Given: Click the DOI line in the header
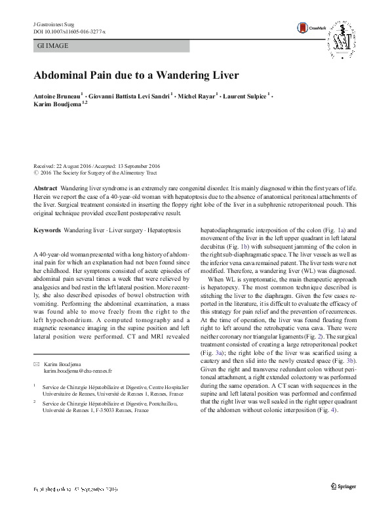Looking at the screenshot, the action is pyautogui.click(x=65, y=31).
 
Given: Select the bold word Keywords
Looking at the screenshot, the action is pyautogui.click(x=47, y=230).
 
